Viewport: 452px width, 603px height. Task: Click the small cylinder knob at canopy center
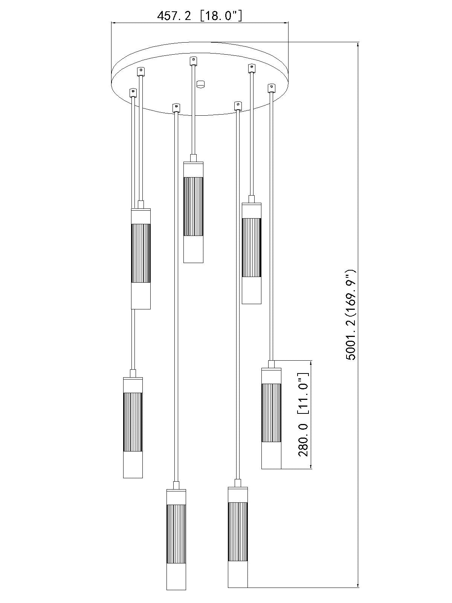pos(202,84)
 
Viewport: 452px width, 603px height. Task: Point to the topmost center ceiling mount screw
pos(194,60)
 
